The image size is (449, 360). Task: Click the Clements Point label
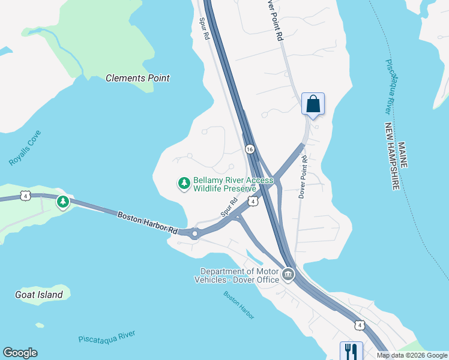[137, 78]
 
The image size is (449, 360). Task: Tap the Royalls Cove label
[25, 148]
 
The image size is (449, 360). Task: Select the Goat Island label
[38, 295]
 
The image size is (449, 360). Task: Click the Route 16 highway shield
[250, 148]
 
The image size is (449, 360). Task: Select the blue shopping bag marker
[313, 104]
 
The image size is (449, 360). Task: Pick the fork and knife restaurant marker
[351, 350]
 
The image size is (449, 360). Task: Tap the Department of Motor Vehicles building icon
[288, 275]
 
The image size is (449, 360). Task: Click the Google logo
[20, 353]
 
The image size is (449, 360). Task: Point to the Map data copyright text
[412, 355]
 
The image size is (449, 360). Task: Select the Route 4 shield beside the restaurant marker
[359, 325]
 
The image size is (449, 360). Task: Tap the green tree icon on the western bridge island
[63, 202]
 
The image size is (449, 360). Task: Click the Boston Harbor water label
[239, 305]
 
